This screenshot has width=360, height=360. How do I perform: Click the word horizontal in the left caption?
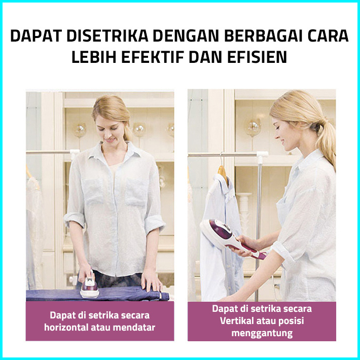[x=66, y=327]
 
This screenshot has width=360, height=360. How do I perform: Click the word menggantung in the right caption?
[x=262, y=333]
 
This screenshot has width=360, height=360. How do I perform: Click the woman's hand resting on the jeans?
[x=151, y=283]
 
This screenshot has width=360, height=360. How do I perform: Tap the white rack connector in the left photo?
[x=75, y=153]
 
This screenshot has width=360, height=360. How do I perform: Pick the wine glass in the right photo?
[x=253, y=131]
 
